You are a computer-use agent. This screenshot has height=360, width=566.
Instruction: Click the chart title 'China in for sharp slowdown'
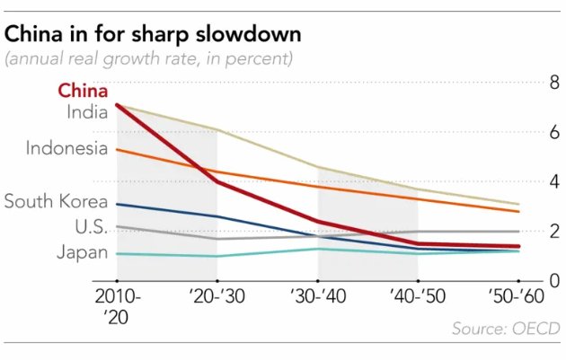[153, 35]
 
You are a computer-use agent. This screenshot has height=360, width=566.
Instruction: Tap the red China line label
[83, 91]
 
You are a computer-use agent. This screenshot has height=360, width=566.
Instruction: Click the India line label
[87, 111]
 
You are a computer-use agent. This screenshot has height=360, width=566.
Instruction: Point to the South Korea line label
[56, 201]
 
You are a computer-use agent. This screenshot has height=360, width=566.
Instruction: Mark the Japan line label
[82, 252]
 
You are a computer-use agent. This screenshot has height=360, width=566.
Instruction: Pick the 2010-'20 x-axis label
[117, 305]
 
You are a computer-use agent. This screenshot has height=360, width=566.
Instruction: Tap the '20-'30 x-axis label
[217, 297]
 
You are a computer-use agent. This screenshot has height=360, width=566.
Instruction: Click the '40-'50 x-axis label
[418, 297]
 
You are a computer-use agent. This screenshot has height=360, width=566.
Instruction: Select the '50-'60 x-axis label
[518, 297]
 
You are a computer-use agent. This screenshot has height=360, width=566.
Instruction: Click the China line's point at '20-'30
[217, 181]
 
